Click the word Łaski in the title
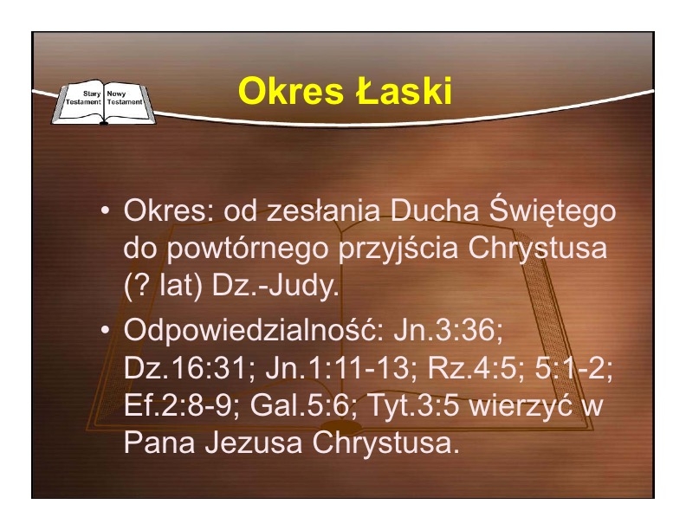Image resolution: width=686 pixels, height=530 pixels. coord(404,91)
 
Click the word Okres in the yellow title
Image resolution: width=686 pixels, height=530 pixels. coord(290,91)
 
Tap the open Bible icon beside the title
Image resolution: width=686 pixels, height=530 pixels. coord(104,102)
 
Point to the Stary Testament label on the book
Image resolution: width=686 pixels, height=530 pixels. coord(83,98)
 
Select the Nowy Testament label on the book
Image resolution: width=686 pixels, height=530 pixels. coord(125,98)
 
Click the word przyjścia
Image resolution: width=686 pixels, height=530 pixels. coord(398,249)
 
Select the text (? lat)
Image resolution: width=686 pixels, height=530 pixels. coord(163,287)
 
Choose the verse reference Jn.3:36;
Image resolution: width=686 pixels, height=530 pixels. coord(449,330)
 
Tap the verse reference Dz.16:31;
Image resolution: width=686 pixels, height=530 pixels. coord(190,368)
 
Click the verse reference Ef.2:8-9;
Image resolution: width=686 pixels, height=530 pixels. coord(182,405)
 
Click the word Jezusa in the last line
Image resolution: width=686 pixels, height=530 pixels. coord(254,443)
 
